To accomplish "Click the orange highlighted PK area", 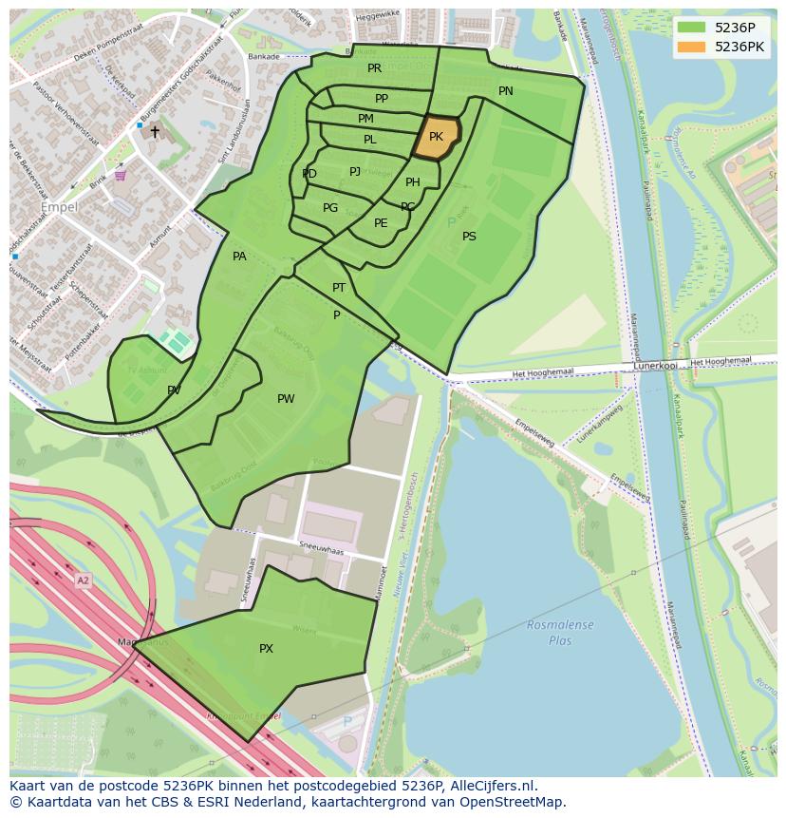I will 436,137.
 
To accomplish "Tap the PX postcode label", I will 267,649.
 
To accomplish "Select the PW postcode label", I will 286,399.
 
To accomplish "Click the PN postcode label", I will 506,91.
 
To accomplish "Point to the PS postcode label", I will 469,237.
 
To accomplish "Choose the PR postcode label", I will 374,68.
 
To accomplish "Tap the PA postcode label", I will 239,257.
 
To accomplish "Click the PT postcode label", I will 339,288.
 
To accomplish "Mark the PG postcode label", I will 330,208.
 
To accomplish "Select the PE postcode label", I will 381,223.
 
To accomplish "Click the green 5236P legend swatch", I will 692,28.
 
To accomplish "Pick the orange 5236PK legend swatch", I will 692,47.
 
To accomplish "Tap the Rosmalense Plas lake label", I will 560,632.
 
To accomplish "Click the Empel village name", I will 59,206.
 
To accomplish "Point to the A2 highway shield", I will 83,580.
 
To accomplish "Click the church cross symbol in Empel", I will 155,132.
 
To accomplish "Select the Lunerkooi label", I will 655,365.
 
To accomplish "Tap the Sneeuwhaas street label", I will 320,551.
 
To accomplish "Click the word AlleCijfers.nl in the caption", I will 492,786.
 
